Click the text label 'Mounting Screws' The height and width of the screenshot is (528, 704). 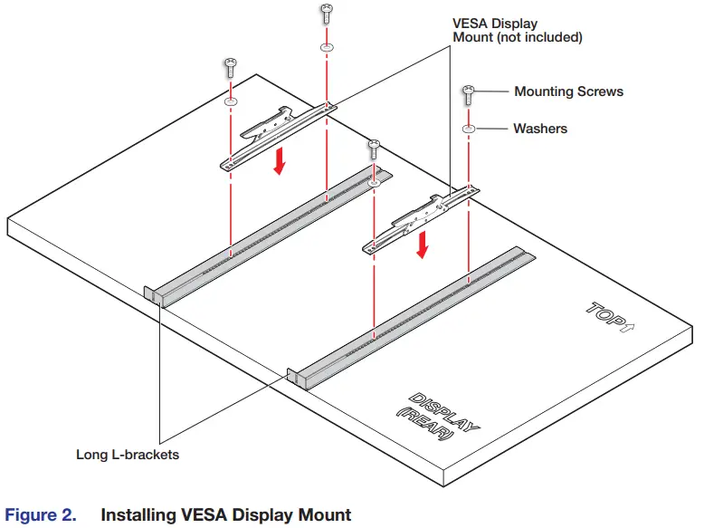pos(568,91)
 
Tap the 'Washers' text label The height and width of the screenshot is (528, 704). pos(540,129)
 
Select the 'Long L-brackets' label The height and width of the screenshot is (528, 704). pos(128,455)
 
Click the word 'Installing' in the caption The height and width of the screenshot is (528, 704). pos(136,515)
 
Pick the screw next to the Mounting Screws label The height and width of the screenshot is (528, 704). pos(469,94)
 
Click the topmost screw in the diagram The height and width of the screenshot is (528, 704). pos(326,14)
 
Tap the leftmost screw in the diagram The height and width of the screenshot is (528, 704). pos(230,67)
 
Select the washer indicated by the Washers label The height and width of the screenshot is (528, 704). pos(469,130)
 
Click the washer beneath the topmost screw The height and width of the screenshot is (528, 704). pos(326,46)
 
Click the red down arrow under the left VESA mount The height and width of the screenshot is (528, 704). pos(281,161)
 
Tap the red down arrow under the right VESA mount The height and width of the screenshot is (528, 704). pos(421,244)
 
